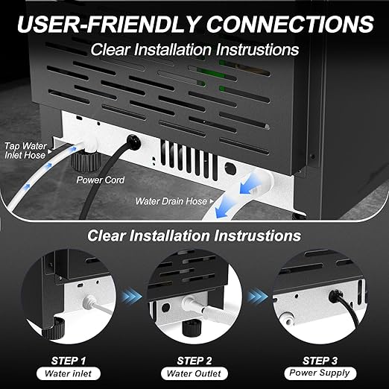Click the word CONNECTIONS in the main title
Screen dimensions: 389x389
[x=289, y=24]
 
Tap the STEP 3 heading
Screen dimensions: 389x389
[x=323, y=360]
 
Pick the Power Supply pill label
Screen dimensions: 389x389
[x=323, y=374]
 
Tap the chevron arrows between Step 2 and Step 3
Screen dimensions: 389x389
[x=258, y=296]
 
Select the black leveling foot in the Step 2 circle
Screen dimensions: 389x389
[x=195, y=327]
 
